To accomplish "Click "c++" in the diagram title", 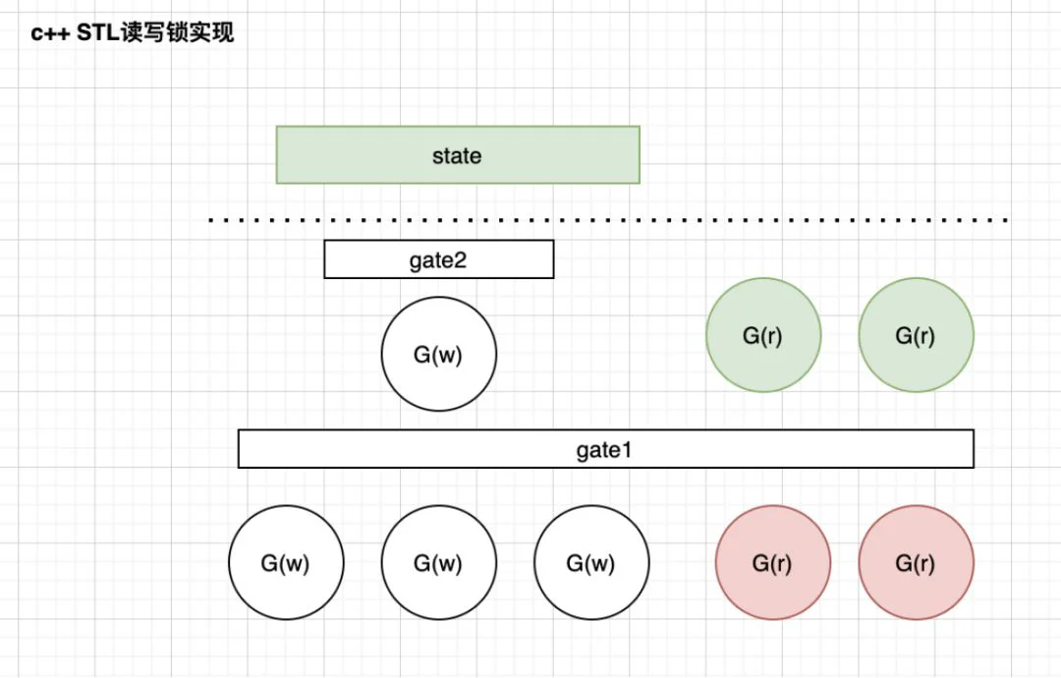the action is pos(49,33).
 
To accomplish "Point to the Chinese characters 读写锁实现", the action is pos(177,32).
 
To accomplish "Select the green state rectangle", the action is pos(458,155).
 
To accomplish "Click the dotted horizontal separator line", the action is pos(608,220).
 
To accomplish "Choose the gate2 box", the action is pos(439,259).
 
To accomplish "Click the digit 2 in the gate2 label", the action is pos(460,259).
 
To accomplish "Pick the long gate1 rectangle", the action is pos(605,449).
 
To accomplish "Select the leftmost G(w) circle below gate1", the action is pos(286,562).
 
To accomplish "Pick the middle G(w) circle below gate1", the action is pos(438,562).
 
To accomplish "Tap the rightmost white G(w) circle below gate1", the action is pos(591,562).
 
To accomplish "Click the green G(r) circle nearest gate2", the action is pos(763,335).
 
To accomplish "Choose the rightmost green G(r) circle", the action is pos(917,335).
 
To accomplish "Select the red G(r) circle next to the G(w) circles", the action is pos(773,562).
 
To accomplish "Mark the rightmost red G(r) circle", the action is pos(917,562).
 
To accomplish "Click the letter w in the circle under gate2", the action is pos(447,356).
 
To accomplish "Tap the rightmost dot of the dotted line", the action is pos(1006,220).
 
